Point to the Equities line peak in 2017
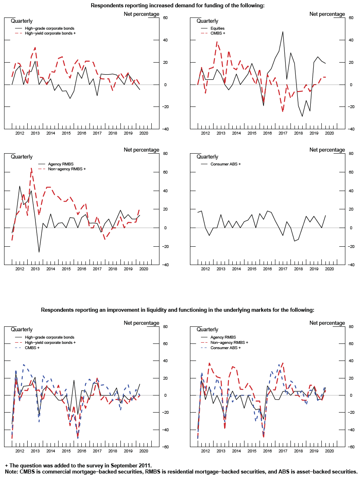(283, 32)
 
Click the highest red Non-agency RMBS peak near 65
(31, 168)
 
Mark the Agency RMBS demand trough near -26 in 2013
(39, 252)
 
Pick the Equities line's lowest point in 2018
(302, 116)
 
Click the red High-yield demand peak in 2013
(35, 48)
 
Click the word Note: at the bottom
(12, 471)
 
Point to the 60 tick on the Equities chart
(351, 18)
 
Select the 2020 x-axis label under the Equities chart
(329, 133)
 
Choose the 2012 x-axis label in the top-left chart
(20, 133)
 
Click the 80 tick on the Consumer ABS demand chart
(351, 154)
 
